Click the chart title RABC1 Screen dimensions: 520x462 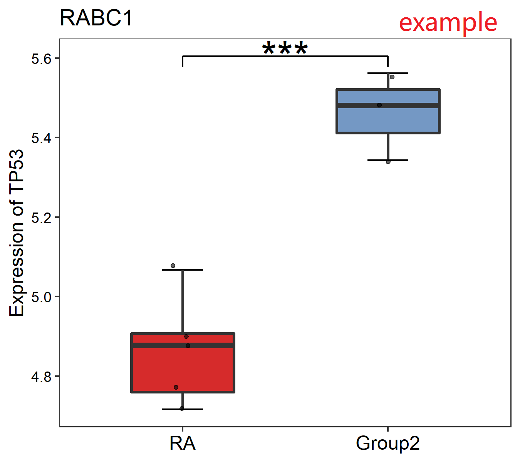[96, 18]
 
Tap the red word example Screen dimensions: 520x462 [448, 23]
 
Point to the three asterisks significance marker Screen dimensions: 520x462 [285, 48]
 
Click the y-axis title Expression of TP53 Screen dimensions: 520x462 [17, 233]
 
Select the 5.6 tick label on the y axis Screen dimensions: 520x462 [41, 59]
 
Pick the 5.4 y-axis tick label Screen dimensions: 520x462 [41, 138]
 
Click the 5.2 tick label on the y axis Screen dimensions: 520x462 [41, 218]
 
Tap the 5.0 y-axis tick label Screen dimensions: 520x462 [41, 297]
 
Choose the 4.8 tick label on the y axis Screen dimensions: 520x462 [41, 377]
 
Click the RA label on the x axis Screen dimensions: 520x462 [183, 443]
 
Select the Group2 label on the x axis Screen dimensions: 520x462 [387, 444]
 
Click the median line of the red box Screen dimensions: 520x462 [183, 345]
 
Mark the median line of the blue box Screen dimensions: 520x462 [388, 105]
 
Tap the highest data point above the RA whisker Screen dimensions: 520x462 [173, 266]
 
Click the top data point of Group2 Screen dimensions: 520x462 [392, 77]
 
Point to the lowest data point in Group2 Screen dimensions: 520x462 [388, 162]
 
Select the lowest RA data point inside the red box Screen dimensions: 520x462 [176, 387]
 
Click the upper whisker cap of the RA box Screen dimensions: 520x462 [183, 270]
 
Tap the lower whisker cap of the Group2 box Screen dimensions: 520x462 [388, 160]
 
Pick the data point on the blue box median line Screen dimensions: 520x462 [379, 105]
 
